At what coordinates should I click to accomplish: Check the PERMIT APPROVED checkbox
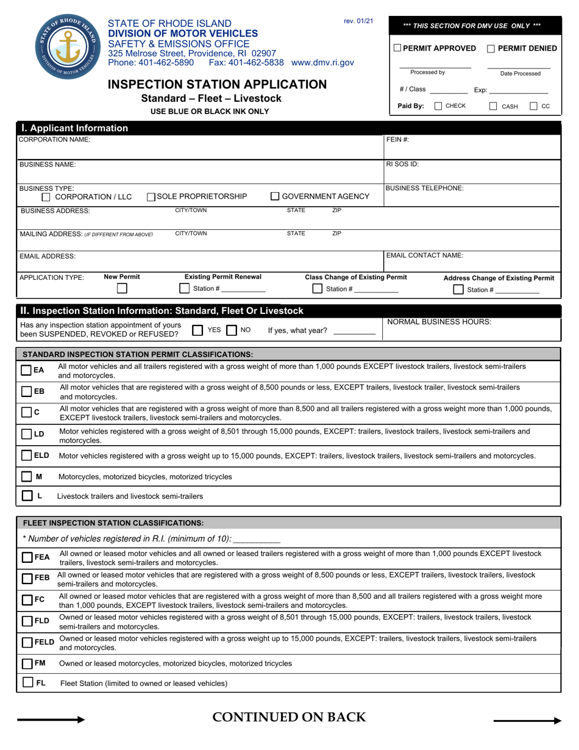[398, 48]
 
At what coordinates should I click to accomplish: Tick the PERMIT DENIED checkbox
[491, 48]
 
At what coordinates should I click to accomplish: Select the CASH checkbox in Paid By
[494, 106]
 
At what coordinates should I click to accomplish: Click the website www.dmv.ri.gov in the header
[322, 62]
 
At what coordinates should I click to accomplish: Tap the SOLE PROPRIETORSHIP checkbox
[151, 196]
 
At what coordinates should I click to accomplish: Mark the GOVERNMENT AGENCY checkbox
[275, 196]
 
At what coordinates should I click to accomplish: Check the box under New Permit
[122, 288]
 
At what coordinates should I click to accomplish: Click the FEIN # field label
[398, 140]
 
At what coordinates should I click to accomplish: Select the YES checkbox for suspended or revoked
[197, 330]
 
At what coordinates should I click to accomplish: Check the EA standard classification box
[27, 370]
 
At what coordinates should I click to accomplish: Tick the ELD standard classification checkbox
[27, 455]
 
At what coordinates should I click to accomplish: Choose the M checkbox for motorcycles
[27, 476]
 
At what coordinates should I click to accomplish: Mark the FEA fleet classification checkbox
[28, 557]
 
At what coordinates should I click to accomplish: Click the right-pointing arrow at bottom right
[527, 721]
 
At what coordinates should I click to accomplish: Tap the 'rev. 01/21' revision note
[358, 21]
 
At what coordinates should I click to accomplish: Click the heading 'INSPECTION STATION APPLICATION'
[217, 84]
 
